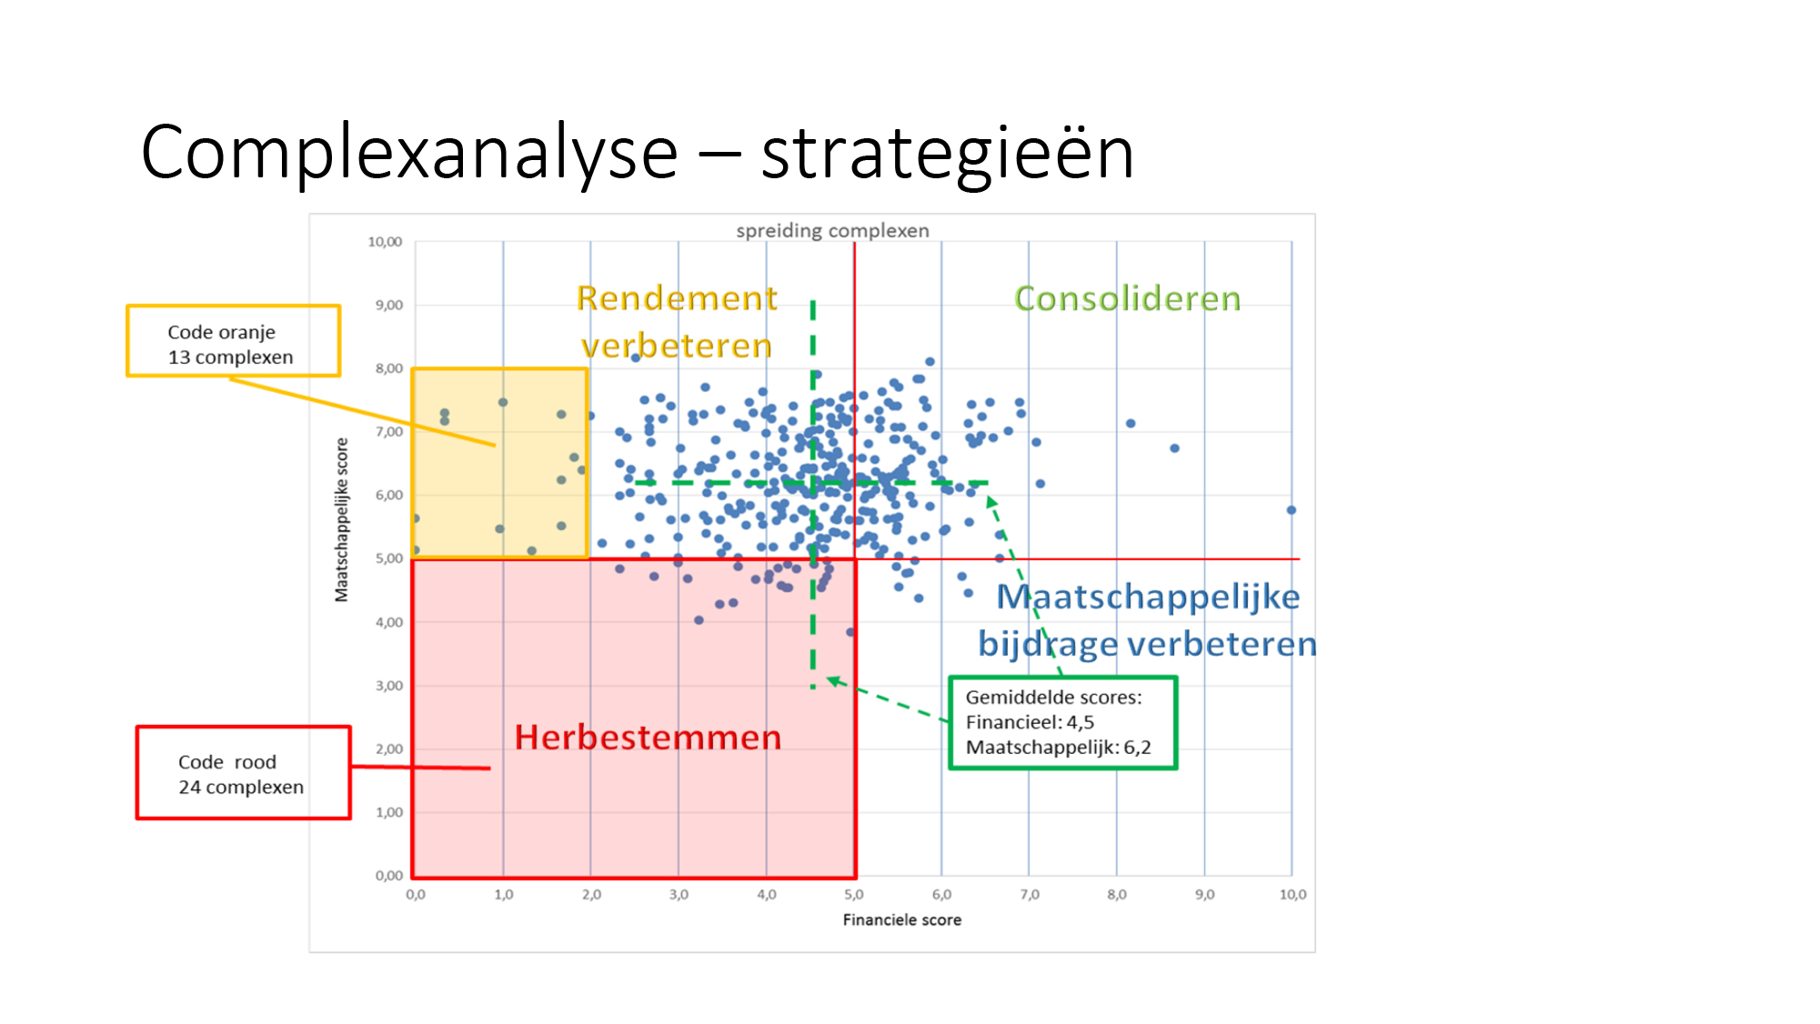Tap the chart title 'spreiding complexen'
832,231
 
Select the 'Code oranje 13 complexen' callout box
233,341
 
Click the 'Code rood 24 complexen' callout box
244,773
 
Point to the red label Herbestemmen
648,738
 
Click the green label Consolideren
1127,298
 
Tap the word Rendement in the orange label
677,298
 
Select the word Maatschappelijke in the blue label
1148,597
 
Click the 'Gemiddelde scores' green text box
1063,723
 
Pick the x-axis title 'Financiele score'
901,920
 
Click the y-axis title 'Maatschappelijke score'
342,519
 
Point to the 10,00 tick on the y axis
385,242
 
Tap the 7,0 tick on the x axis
1029,895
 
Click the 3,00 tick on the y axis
389,686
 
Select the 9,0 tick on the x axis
1204,895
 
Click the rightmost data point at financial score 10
1291,510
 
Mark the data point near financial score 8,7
1174,448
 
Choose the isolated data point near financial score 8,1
1131,424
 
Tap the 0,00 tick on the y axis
389,876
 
